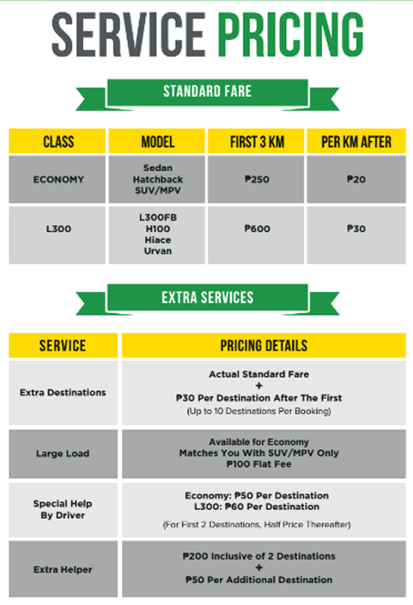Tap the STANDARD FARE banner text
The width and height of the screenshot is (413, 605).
pyautogui.click(x=207, y=92)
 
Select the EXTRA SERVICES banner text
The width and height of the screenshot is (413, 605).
pyautogui.click(x=207, y=298)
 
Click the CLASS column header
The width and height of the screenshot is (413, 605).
pyautogui.click(x=58, y=142)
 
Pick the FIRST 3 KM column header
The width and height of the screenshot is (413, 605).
pyautogui.click(x=257, y=142)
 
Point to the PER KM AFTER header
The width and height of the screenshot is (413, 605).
pyautogui.click(x=356, y=142)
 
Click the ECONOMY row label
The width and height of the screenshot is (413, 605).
pyautogui.click(x=58, y=179)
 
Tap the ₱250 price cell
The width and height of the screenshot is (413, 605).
pyautogui.click(x=257, y=179)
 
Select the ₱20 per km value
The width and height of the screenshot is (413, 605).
pyautogui.click(x=356, y=179)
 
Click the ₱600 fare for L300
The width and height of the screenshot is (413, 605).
pyautogui.click(x=257, y=229)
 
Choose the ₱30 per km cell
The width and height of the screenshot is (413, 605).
pyautogui.click(x=356, y=229)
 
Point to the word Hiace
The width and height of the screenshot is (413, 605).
pyautogui.click(x=158, y=240)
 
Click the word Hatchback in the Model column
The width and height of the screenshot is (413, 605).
pyautogui.click(x=158, y=179)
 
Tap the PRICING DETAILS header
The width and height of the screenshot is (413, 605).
pyautogui.click(x=264, y=346)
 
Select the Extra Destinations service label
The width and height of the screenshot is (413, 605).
pyautogui.click(x=63, y=392)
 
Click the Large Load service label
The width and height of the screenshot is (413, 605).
pyautogui.click(x=63, y=454)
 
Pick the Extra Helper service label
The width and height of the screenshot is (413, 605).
pyautogui.click(x=63, y=570)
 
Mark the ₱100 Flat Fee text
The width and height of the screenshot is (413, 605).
pyautogui.click(x=259, y=464)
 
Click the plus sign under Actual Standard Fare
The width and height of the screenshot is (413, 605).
pyautogui.click(x=259, y=386)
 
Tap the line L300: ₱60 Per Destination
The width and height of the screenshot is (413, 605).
pyautogui.click(x=257, y=507)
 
